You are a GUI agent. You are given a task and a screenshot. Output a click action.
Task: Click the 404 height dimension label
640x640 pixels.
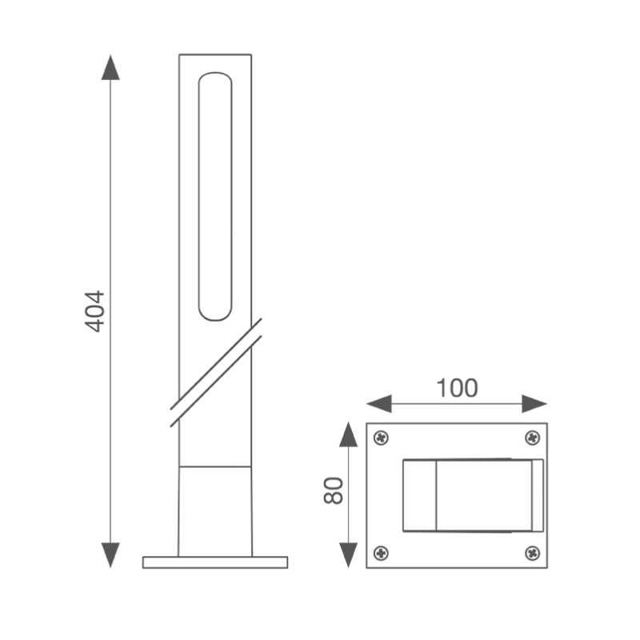point(94,310)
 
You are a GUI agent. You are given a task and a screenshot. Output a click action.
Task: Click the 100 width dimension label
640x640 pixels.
point(457,388)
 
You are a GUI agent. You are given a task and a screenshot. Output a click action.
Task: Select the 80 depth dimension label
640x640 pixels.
point(334,490)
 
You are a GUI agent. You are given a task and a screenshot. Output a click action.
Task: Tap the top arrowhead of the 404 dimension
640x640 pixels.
point(110,67)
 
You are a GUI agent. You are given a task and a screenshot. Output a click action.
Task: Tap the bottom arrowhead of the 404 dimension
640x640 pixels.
point(110,554)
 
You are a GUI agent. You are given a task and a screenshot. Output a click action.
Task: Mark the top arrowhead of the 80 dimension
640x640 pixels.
point(348,434)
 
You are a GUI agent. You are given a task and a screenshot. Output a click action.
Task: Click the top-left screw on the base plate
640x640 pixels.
point(382,438)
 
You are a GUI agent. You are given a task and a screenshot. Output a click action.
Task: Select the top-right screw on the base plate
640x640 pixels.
point(532,438)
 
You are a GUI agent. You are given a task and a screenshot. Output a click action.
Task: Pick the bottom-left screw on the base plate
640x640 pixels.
point(382,553)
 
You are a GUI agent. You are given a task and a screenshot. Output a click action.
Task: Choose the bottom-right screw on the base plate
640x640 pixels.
point(532,553)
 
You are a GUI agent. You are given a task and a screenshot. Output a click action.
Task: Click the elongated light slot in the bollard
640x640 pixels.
point(215,197)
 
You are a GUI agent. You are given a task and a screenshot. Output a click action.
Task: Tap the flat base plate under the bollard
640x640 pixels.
point(215,562)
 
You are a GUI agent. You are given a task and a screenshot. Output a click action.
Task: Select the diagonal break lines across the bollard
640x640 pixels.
point(216,372)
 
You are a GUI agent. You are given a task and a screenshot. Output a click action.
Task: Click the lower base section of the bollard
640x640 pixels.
point(215,510)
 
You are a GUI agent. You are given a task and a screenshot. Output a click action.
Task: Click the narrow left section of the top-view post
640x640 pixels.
point(419,495)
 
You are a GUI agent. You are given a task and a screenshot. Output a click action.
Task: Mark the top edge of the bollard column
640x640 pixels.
point(215,55)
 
